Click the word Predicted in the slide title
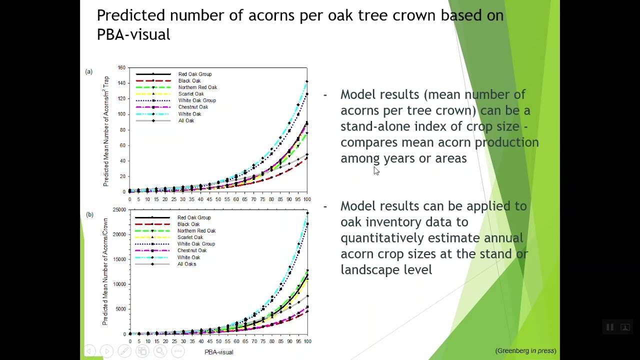coord(131,15)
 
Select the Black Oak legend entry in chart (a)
coord(189,81)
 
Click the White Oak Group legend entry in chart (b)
coord(196,244)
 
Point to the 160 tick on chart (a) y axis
coord(121,67)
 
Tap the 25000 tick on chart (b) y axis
coord(119,209)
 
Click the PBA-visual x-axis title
coord(219,352)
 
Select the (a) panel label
coord(89,71)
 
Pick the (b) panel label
coord(89,214)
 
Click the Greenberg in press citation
coord(525,351)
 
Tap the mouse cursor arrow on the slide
coord(376,170)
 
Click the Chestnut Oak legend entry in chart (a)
coord(193,107)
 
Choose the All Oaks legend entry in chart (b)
coord(186,264)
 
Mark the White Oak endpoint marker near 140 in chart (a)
coord(307,81)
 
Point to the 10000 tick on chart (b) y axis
coord(119,284)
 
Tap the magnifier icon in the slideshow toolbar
coord(160,351)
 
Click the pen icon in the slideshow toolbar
coord(124,351)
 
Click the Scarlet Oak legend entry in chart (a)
coord(191,94)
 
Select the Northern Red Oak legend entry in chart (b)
coord(196,231)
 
